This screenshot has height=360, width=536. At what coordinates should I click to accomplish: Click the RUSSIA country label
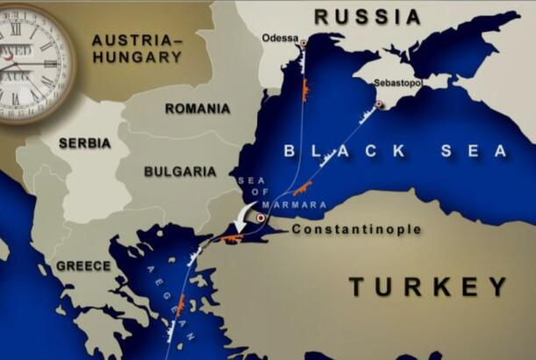pyautogui.click(x=368, y=17)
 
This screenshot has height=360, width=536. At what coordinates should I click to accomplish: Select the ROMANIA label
pyautogui.click(x=197, y=109)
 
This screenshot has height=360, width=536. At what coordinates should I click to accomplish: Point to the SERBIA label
pyautogui.click(x=84, y=143)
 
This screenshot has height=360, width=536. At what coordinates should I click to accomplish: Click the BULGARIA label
pyautogui.click(x=180, y=172)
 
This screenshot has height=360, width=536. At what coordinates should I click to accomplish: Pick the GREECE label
pyautogui.click(x=83, y=266)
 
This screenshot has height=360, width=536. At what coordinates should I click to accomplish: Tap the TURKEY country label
pyautogui.click(x=428, y=286)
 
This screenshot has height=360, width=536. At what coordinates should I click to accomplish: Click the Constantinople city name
pyautogui.click(x=356, y=230)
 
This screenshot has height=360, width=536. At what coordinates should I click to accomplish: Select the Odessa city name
pyautogui.click(x=280, y=38)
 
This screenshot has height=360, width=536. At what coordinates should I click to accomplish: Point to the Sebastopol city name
pyautogui.click(x=397, y=83)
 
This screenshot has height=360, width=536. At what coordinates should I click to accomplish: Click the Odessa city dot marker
pyautogui.click(x=304, y=43)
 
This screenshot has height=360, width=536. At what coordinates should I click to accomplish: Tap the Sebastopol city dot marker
pyautogui.click(x=379, y=104)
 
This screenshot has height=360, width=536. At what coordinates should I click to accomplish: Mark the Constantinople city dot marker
pyautogui.click(x=261, y=217)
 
